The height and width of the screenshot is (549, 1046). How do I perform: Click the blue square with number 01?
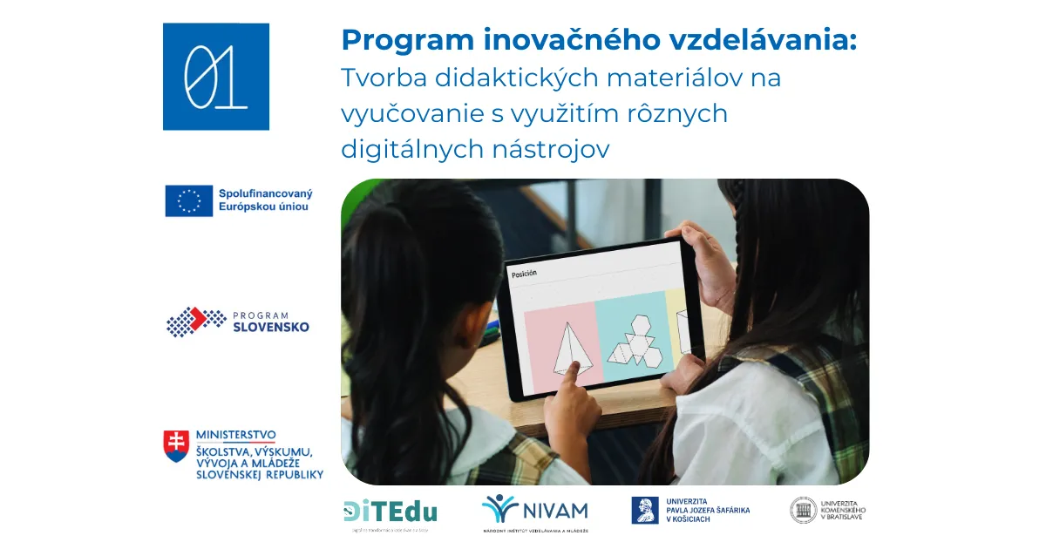click(x=215, y=77)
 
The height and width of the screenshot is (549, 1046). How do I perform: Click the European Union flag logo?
click(x=189, y=200)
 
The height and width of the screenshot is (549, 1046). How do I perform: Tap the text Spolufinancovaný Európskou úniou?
click(x=265, y=200)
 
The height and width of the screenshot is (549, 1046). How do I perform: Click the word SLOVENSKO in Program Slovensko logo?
click(x=269, y=328)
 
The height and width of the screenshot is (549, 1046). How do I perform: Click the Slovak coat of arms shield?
click(x=175, y=445)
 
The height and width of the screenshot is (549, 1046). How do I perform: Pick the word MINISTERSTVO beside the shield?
click(x=236, y=435)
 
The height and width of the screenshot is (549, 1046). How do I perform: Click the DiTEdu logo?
click(x=390, y=512)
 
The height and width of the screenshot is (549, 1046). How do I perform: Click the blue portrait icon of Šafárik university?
click(x=645, y=511)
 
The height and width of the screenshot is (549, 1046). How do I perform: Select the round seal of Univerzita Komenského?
click(x=803, y=511)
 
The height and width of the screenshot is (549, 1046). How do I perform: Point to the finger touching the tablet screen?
click(x=567, y=376)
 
